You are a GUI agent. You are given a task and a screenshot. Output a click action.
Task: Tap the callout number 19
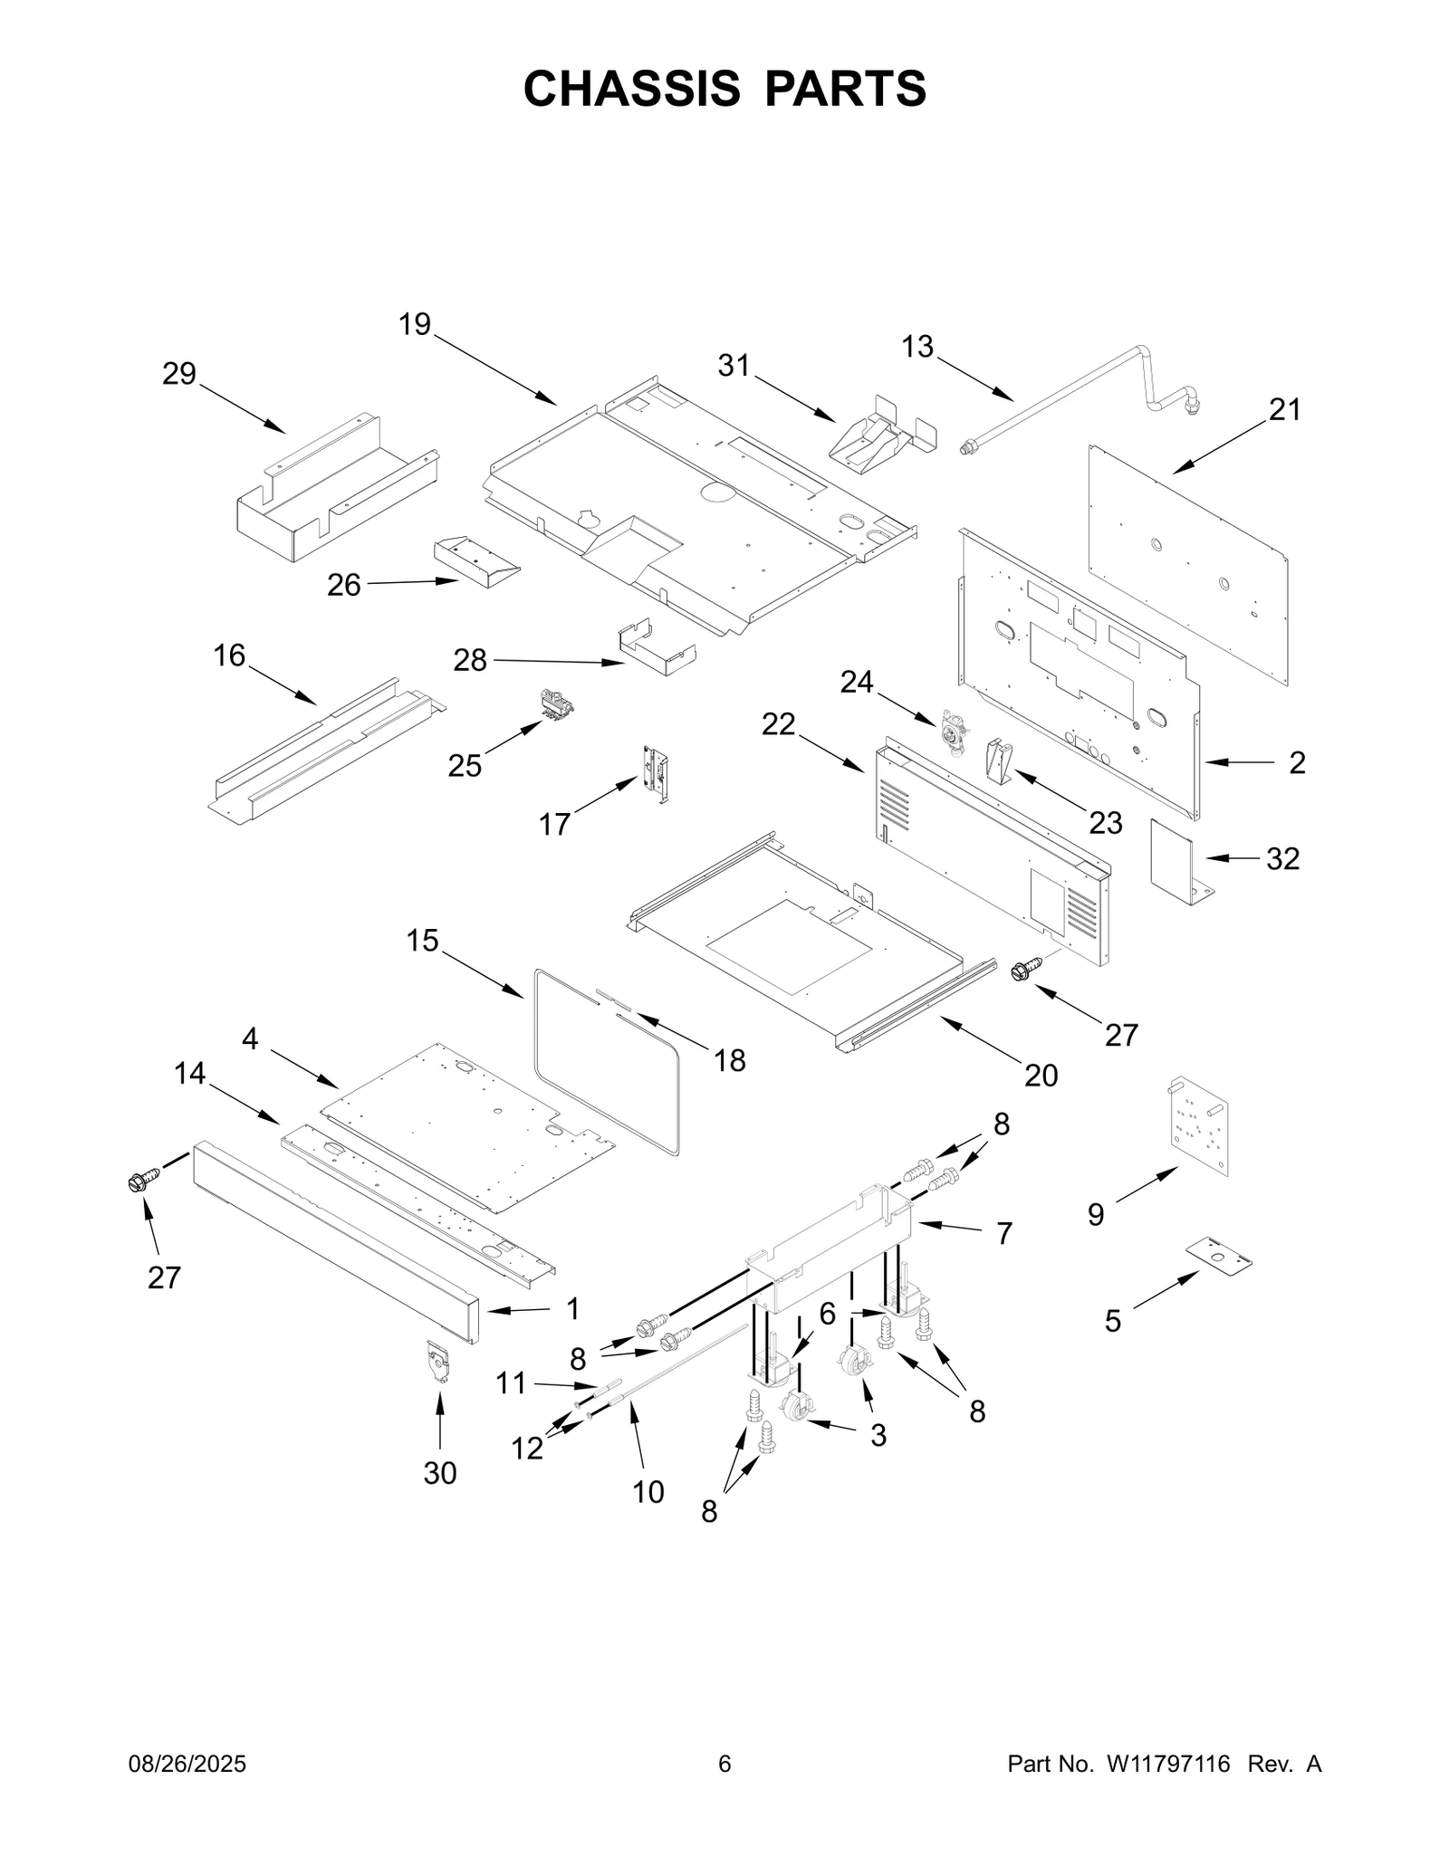(415, 324)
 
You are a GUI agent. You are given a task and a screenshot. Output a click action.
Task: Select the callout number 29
(179, 373)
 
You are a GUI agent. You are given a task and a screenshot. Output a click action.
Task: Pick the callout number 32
(1282, 858)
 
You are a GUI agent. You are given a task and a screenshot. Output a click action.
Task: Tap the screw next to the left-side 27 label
(142, 1180)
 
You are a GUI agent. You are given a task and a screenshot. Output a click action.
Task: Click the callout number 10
(648, 1491)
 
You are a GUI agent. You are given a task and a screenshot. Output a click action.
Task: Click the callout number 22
(779, 723)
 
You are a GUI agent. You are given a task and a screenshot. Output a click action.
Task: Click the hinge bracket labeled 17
(657, 773)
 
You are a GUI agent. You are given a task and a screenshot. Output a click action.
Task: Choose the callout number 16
(229, 655)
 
